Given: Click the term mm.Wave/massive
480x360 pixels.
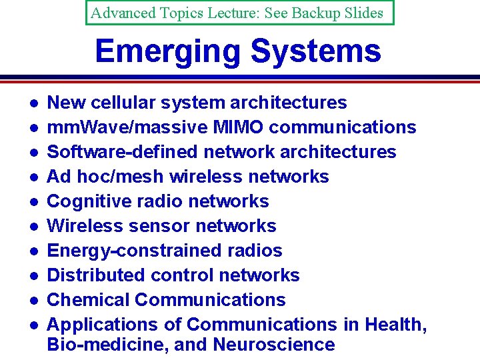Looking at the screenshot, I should (117, 127).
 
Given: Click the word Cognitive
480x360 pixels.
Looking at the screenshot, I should (89, 201).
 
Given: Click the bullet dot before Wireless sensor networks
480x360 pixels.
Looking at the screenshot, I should (32, 227).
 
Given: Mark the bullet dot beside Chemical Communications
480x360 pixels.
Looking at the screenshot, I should (32, 301).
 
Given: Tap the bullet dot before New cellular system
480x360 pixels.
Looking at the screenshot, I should (32, 103).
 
